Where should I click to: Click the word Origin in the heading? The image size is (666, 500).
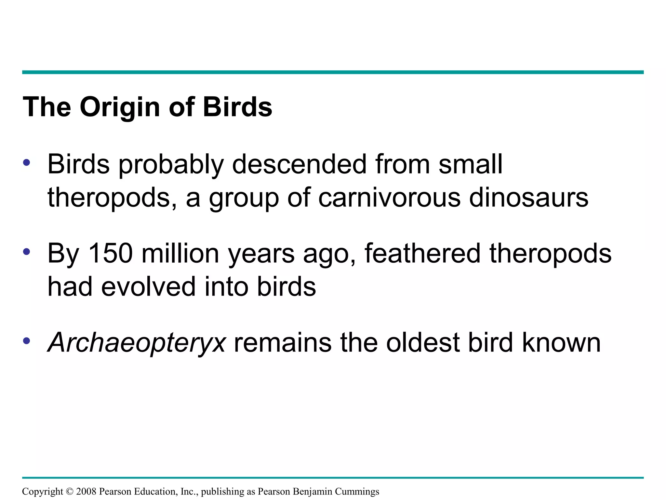[120, 107]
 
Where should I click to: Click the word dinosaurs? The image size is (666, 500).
[529, 197]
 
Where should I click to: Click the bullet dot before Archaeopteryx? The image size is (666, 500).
[27, 341]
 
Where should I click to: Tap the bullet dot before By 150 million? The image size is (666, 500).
[27, 252]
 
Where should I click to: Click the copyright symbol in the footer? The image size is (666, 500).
[70, 492]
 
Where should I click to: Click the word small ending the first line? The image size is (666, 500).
[471, 164]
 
